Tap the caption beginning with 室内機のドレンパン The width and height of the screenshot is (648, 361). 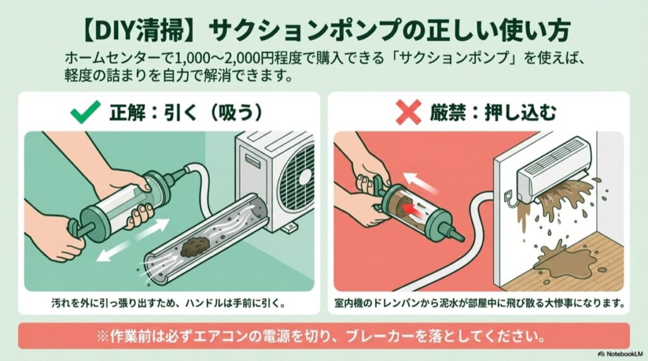[x=482, y=302]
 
